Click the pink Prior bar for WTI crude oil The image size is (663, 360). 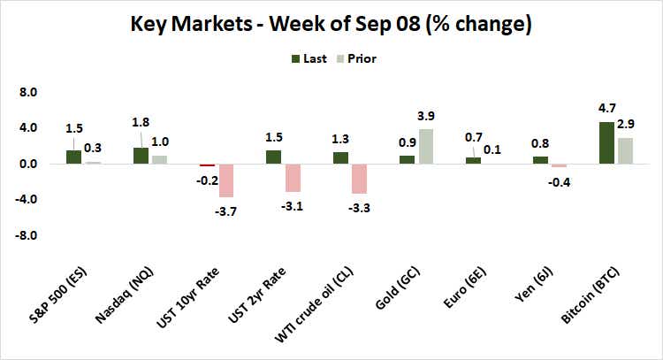pyautogui.click(x=359, y=179)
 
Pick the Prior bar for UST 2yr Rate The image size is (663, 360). pyautogui.click(x=293, y=178)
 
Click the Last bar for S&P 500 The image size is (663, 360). pyautogui.click(x=74, y=157)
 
